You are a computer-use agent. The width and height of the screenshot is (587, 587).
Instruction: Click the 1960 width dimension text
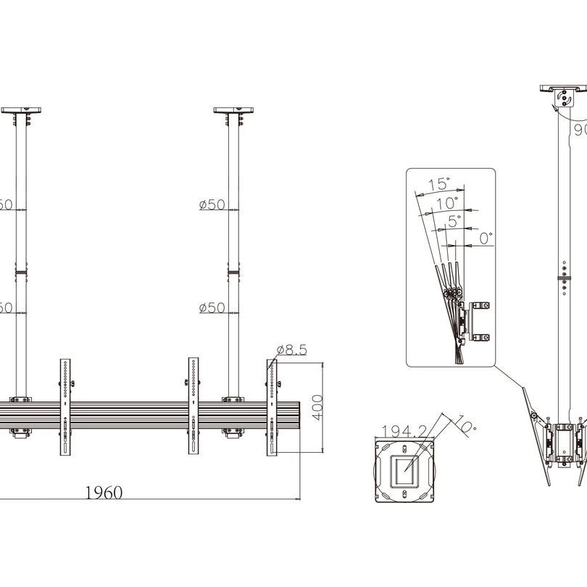pos(104,493)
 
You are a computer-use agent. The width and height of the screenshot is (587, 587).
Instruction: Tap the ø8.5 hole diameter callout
pos(291,350)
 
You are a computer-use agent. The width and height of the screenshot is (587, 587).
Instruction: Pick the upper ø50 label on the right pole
pos(212,205)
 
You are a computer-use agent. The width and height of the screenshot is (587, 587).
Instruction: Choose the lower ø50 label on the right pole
pos(212,308)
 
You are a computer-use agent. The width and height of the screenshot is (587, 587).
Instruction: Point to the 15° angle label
pos(438,184)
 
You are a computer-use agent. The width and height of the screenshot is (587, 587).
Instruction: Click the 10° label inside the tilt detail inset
pos(447,203)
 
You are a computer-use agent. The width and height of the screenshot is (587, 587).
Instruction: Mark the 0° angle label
pos(485,236)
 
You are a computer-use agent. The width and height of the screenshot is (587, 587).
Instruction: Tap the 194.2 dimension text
pos(404,431)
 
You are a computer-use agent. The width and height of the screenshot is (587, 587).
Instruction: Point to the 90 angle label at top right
pos(579,130)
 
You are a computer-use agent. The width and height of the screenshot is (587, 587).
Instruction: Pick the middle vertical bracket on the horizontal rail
pos(194,406)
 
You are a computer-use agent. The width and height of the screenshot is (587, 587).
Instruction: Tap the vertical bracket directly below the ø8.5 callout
pos(272,406)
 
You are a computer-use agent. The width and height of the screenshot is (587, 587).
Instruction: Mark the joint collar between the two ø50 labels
pos(233,273)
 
